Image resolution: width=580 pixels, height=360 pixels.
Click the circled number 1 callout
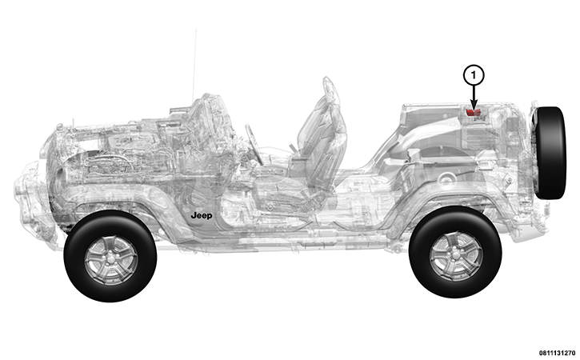pos(474,75)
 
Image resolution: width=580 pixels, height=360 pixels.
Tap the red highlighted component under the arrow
pos(472,112)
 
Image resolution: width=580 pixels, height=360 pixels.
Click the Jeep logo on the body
pos(202,215)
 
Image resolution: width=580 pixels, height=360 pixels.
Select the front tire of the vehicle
pos(110,256)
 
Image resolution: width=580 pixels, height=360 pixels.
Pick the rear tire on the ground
pos(455,252)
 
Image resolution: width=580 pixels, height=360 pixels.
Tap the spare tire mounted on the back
pos(550,153)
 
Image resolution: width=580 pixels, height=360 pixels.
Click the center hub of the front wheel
pos(110,257)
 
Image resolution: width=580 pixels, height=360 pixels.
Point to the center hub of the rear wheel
pos(455,252)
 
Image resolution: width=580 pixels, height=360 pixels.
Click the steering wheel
pos(254,144)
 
